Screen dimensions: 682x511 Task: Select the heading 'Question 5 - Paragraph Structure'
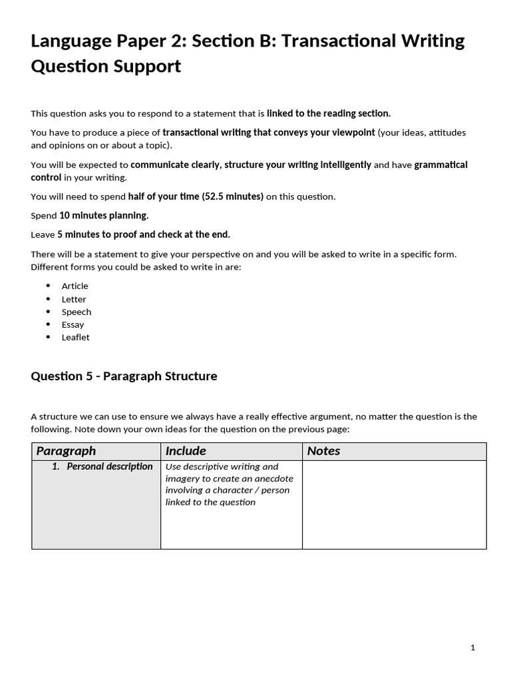coord(124,376)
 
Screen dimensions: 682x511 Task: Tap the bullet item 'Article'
coord(75,286)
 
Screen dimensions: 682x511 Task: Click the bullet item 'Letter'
coord(74,299)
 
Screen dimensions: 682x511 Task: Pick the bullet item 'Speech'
coord(77,312)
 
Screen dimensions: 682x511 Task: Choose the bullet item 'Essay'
coord(73,324)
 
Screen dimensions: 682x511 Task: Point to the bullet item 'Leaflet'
coord(75,337)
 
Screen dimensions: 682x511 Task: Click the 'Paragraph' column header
coord(66,451)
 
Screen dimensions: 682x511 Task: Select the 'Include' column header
coord(186,451)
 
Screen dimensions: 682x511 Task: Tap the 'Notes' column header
coord(323,451)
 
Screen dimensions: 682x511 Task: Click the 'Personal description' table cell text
coord(109,466)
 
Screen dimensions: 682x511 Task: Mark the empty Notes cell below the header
coord(394,504)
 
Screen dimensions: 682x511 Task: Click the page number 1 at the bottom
coord(472,647)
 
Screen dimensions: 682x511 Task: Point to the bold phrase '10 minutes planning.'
coord(104,215)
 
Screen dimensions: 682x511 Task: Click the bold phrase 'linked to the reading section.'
coord(329,114)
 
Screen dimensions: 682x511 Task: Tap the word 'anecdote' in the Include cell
coord(274,478)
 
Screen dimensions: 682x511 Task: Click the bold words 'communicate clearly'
coord(167,165)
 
